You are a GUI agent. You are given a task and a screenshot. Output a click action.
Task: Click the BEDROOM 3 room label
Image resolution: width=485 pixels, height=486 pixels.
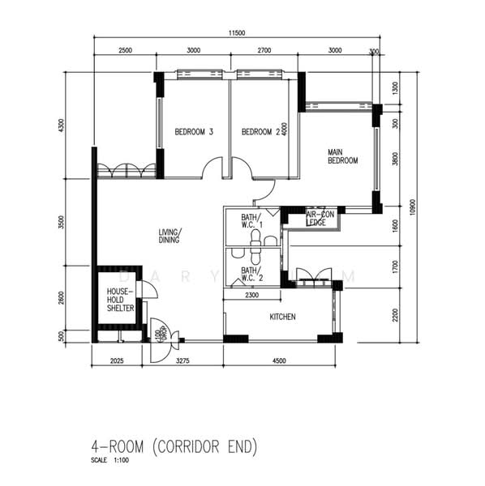[194, 132]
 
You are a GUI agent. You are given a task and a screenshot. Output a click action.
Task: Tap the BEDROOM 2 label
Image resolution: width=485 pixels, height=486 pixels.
[260, 132]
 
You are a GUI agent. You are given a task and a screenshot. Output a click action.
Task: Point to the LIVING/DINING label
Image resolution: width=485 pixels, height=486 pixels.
[170, 235]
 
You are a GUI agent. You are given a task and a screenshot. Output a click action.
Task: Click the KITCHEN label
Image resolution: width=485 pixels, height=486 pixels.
[282, 316]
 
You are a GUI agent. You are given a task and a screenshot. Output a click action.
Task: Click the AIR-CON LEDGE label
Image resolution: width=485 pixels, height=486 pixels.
[321, 218]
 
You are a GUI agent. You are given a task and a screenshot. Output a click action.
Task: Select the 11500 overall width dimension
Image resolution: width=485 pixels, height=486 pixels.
[236, 32]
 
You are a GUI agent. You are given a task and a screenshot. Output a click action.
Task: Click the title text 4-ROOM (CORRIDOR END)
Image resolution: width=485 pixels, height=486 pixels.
[174, 446]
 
